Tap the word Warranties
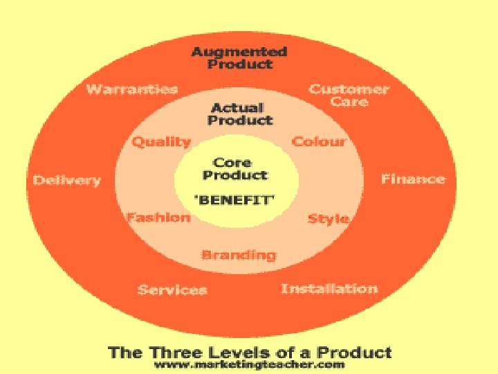pyautogui.click(x=131, y=89)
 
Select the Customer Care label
pyautogui.click(x=349, y=95)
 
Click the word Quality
pyautogui.click(x=161, y=142)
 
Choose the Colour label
pyautogui.click(x=318, y=141)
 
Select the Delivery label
pyautogui.click(x=67, y=180)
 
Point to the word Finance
pyautogui.click(x=413, y=179)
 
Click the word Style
pyautogui.click(x=328, y=219)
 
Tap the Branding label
pyautogui.click(x=238, y=255)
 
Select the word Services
pyautogui.click(x=172, y=290)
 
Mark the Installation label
pyautogui.click(x=329, y=288)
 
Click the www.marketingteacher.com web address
pyautogui.click(x=250, y=365)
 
